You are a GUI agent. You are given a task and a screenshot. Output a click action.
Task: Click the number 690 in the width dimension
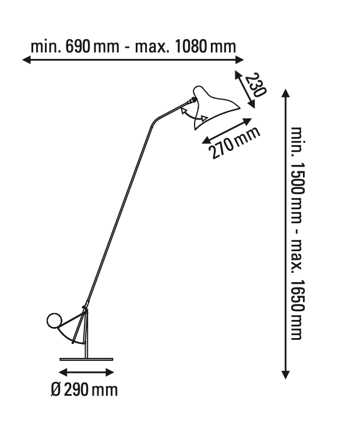point(77,47)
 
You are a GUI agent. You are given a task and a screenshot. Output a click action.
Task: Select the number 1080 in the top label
point(191,47)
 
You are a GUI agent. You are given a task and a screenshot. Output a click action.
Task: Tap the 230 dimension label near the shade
point(256,85)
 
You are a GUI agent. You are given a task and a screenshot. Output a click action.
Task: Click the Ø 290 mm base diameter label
point(84,390)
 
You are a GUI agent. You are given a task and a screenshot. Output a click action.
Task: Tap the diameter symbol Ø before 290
point(55,390)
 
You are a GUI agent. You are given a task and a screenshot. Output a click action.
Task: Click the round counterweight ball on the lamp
point(54,321)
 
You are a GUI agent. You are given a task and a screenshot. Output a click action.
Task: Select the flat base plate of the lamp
point(86,359)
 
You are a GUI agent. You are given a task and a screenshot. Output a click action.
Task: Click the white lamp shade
point(213,106)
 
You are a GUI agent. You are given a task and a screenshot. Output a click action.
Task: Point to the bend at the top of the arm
point(154,122)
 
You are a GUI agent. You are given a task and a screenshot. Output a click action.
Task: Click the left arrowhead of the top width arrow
point(26,59)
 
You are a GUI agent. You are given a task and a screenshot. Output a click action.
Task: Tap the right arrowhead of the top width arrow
point(239,59)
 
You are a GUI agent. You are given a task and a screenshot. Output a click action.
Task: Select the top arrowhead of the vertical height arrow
point(285,93)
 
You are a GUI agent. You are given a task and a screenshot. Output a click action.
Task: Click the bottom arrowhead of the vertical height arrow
point(285,375)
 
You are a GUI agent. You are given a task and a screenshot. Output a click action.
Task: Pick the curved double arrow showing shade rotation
point(193,115)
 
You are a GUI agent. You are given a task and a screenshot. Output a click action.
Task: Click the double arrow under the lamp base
point(86,372)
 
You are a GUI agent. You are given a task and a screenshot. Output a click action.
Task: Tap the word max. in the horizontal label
point(152,47)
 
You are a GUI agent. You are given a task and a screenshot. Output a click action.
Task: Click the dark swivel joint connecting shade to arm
point(192,100)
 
